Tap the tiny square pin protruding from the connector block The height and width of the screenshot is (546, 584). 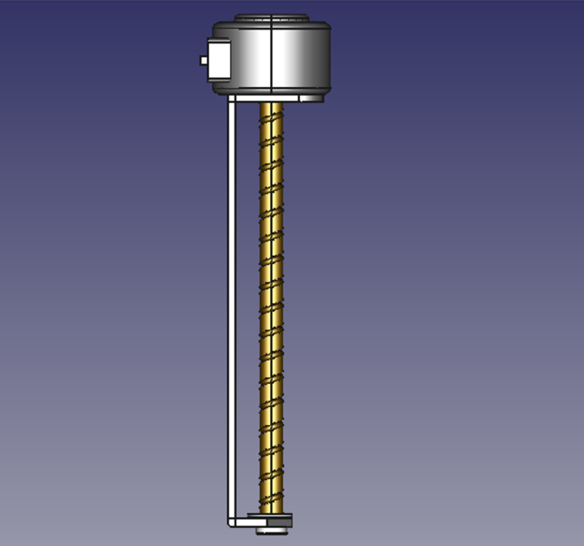pyautogui.click(x=202, y=61)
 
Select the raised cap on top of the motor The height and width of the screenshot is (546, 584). pyautogui.click(x=269, y=17)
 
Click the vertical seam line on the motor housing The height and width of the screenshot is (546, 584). pyautogui.click(x=270, y=56)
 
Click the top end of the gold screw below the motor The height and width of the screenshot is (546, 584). pyautogui.click(x=272, y=105)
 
